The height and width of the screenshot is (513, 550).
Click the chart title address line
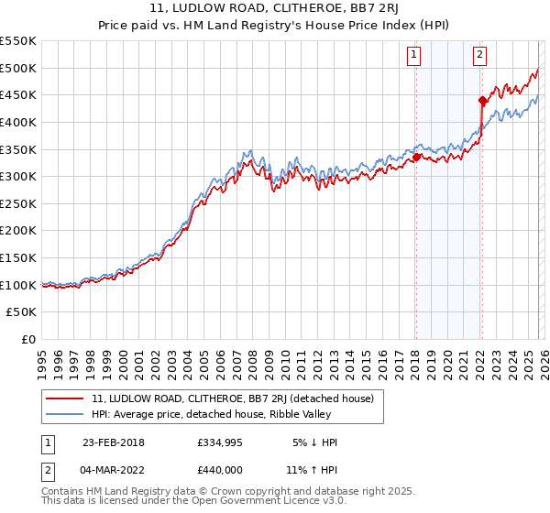[x=275, y=8]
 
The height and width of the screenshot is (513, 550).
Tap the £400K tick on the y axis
[x=18, y=122]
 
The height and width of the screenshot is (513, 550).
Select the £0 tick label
[x=27, y=339]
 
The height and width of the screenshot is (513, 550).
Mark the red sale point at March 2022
[x=482, y=101]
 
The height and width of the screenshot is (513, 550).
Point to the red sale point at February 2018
[x=416, y=158]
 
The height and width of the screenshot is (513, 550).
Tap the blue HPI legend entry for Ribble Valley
[x=236, y=415]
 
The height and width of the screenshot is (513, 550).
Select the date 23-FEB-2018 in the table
[x=113, y=442]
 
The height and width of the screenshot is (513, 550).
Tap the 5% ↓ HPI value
[x=314, y=442]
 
